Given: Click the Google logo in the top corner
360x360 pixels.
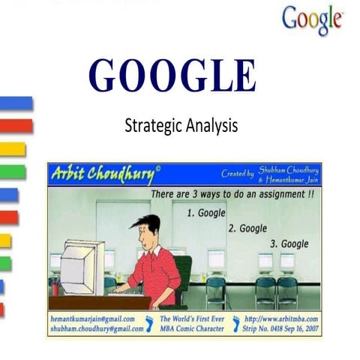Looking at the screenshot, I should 313,19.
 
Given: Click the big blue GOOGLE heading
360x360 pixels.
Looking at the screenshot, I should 172,75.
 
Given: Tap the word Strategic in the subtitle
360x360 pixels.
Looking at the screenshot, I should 153,125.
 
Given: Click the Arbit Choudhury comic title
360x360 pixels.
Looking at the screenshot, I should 104,175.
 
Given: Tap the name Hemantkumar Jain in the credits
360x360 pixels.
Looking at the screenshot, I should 289,180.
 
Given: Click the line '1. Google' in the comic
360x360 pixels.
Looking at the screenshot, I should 205,214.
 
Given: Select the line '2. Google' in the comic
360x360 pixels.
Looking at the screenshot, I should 248,228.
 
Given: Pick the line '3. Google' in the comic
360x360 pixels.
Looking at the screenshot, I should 289,244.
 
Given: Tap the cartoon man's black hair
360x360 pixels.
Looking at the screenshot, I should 147,223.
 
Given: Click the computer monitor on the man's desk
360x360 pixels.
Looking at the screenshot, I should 81,266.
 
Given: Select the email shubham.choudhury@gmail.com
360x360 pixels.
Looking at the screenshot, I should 95,328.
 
